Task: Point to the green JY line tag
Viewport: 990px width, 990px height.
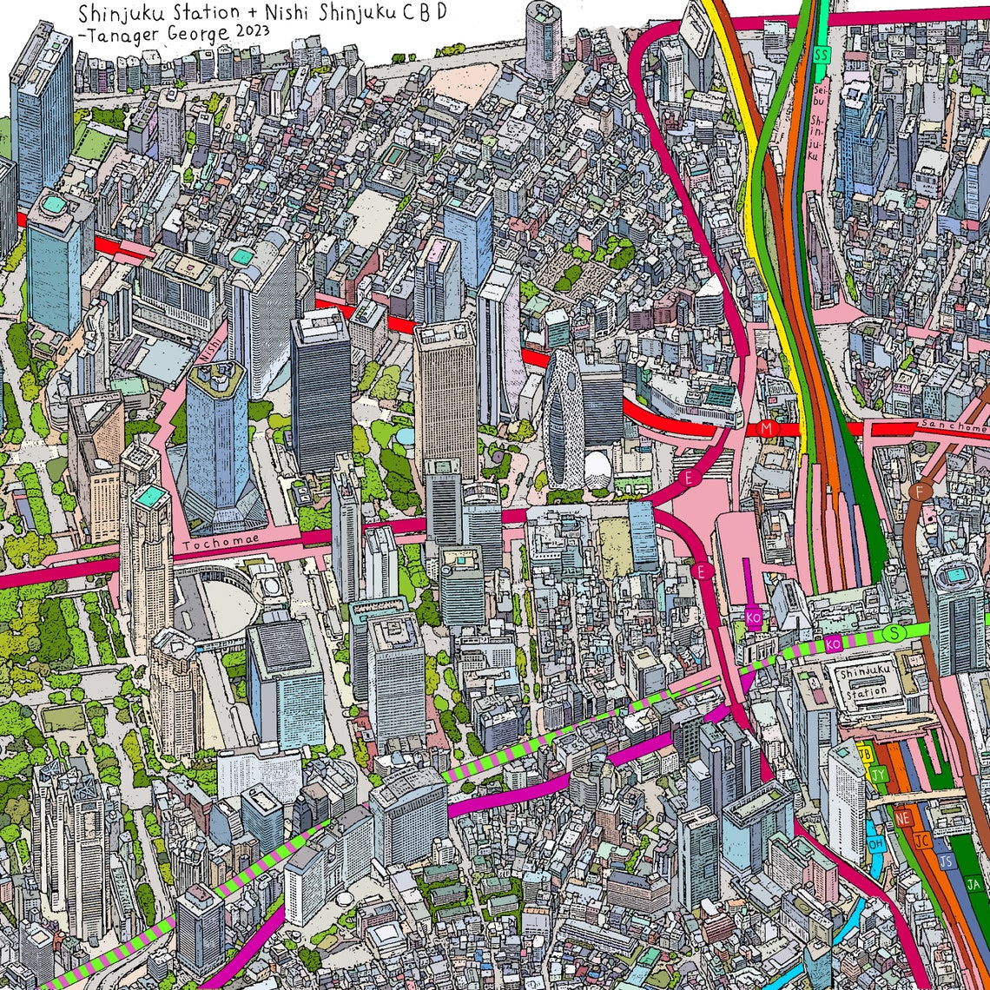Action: pyautogui.click(x=880, y=774)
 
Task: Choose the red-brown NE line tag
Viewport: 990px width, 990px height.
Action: pyautogui.click(x=903, y=818)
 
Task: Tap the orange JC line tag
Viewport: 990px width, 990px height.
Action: pyautogui.click(x=923, y=840)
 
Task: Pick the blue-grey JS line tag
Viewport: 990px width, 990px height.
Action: pyautogui.click(x=947, y=861)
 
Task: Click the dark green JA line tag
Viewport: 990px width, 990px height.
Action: pyautogui.click(x=973, y=884)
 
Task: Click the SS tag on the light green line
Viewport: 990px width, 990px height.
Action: pyautogui.click(x=821, y=54)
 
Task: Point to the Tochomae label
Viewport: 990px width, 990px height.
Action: pyautogui.click(x=213, y=545)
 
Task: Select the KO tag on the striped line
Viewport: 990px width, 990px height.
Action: pyautogui.click(x=833, y=643)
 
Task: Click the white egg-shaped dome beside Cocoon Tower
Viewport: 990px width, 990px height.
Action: pyautogui.click(x=597, y=471)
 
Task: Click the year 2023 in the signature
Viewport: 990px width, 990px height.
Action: pyautogui.click(x=247, y=30)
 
